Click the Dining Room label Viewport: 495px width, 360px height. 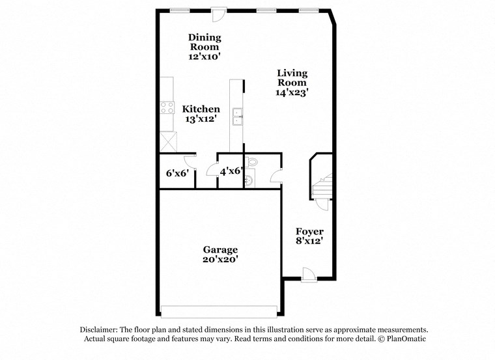point(205,42)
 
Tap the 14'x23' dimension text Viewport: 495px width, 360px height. point(292,92)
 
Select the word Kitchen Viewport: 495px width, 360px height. point(201,109)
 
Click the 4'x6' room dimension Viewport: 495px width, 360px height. point(231,173)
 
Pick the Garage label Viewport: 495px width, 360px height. point(220,249)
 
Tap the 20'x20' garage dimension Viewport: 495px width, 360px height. point(220,259)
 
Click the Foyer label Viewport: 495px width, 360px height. point(309,231)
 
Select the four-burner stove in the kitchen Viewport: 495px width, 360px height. point(167,108)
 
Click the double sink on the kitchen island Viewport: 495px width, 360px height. point(238,115)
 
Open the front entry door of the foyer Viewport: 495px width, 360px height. point(309,275)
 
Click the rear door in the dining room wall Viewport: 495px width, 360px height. point(219,13)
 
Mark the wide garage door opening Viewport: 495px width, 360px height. point(220,311)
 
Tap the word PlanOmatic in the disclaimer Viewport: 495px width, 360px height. point(404,339)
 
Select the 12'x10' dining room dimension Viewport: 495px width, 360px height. point(205,57)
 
